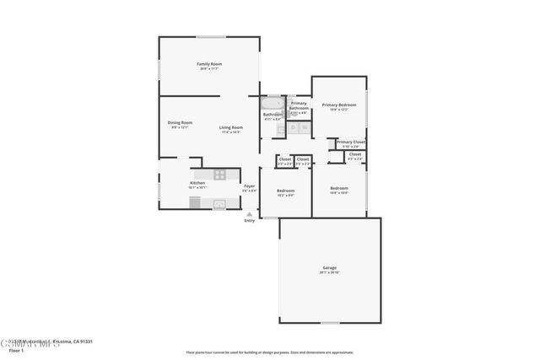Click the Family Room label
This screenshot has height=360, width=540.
point(209,65)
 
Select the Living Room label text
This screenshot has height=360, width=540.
point(231,128)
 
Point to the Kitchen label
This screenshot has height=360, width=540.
point(197,184)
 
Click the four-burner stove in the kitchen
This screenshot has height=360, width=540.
point(220,175)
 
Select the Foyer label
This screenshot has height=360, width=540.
point(249,186)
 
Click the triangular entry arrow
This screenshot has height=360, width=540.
point(249,213)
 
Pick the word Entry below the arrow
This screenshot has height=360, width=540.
point(249,221)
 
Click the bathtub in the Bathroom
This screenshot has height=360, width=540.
point(273,105)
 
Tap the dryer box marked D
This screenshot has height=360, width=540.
point(294,128)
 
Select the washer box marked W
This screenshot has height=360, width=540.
point(304,128)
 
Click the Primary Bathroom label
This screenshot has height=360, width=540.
point(299,105)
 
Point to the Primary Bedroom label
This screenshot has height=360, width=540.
point(338,105)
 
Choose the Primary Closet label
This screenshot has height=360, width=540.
point(350,142)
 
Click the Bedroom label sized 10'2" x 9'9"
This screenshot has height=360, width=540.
point(285,191)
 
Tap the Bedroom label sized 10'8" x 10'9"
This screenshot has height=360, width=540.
point(338,188)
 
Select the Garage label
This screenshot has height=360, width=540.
point(328,267)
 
